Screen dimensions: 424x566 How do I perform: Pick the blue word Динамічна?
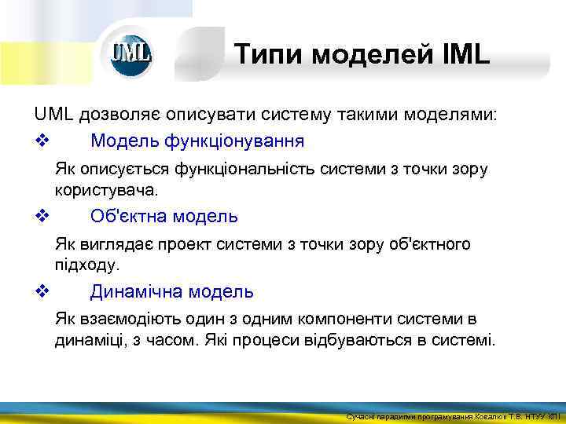coord(136,292)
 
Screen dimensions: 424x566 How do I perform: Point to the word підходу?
coord(86,265)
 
